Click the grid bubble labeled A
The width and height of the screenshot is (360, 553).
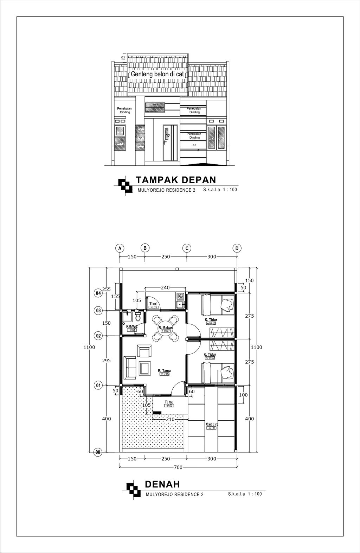pyautogui.click(x=120, y=248)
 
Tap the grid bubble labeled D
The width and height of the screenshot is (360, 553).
pyautogui.click(x=237, y=248)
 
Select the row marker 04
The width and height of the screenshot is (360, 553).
pyautogui.click(x=98, y=293)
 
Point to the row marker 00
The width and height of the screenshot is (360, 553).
pyautogui.click(x=98, y=452)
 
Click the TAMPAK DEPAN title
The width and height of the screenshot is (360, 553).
pyautogui.click(x=176, y=180)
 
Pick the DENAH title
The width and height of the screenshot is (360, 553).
pyautogui.click(x=162, y=484)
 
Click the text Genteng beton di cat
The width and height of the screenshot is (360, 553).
pyautogui.click(x=158, y=75)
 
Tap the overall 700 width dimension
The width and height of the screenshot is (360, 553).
pyautogui.click(x=178, y=468)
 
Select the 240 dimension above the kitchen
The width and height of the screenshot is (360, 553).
pyautogui.click(x=165, y=288)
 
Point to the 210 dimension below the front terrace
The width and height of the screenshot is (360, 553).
pyautogui.click(x=170, y=419)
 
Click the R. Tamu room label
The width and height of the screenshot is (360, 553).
pyautogui.click(x=164, y=370)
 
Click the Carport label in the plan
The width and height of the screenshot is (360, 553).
pyautogui.click(x=212, y=425)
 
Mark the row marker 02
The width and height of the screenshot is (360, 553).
pyautogui.click(x=98, y=336)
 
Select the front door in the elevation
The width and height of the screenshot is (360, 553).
pyautogui.click(x=169, y=143)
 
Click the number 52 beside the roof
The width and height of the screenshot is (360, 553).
pyautogui.click(x=123, y=58)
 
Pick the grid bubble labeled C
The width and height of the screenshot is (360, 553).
pyautogui.click(x=187, y=248)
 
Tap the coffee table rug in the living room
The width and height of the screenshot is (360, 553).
pyautogui.click(x=144, y=368)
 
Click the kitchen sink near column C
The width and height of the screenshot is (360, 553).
pyautogui.click(x=180, y=304)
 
